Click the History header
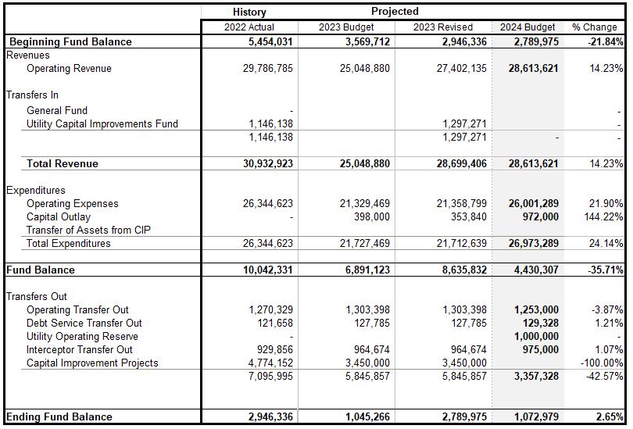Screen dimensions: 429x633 coord(249,12)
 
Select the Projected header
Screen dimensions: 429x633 coord(395,12)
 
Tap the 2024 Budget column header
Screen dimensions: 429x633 coord(527,27)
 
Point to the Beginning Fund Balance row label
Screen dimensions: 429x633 coord(70,42)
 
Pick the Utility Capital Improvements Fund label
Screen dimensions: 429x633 coord(102,124)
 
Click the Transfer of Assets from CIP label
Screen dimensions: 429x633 coord(88,231)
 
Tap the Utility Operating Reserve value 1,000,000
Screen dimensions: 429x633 coord(535,337)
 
